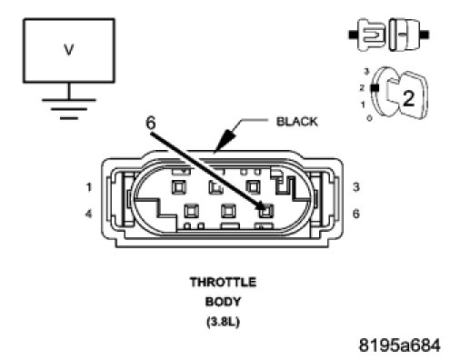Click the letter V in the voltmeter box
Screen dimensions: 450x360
click(69, 50)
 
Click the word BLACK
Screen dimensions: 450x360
click(296, 122)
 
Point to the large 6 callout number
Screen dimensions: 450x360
click(151, 123)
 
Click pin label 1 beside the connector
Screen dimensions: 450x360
click(88, 187)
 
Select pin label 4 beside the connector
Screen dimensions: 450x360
click(88, 214)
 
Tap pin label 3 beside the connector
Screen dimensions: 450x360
click(356, 187)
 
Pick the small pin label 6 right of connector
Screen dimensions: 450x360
click(356, 214)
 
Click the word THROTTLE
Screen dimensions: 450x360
click(223, 282)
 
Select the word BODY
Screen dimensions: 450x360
click(223, 302)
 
